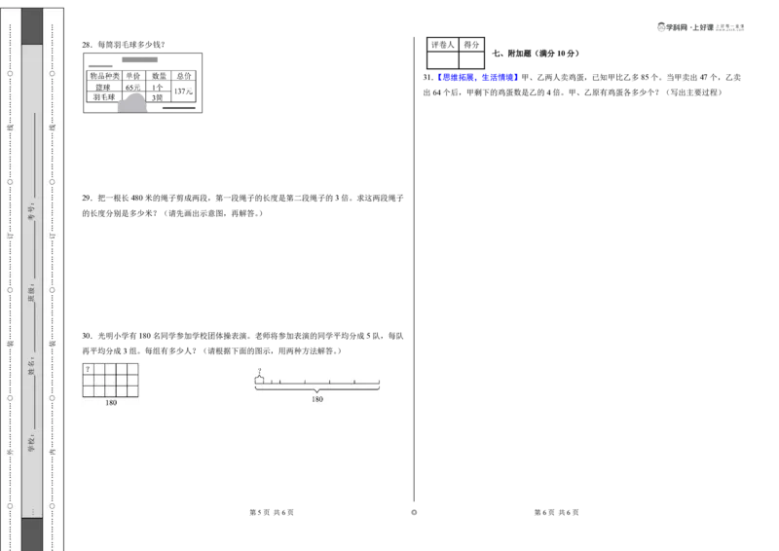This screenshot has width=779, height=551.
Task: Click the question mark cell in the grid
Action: pyautogui.click(x=88, y=370)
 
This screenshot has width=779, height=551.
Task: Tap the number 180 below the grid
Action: pyautogui.click(x=111, y=402)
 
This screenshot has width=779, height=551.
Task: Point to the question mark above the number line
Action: pyautogui.click(x=260, y=371)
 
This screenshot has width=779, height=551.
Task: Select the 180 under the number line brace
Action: pyautogui.click(x=317, y=399)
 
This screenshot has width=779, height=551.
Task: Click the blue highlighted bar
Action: pyautogui.click(x=478, y=77)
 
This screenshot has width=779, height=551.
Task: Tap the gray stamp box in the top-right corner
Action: pyautogui.click(x=701, y=28)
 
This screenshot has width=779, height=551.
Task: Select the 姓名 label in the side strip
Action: pyautogui.click(x=31, y=366)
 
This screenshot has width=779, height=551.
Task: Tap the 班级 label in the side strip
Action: pyautogui.click(x=31, y=293)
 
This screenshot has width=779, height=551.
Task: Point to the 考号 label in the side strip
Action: pyautogui.click(x=31, y=208)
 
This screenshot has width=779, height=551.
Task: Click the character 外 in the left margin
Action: pyautogui.click(x=11, y=452)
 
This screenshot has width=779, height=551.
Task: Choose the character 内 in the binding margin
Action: pyautogui.click(x=54, y=452)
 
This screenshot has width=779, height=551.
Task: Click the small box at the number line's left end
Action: pyautogui.click(x=259, y=380)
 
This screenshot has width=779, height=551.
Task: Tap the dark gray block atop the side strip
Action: pyautogui.click(x=32, y=26)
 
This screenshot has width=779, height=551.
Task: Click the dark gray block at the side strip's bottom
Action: pyautogui.click(x=32, y=533)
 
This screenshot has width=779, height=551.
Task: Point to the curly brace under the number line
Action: pyautogui.click(x=317, y=389)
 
